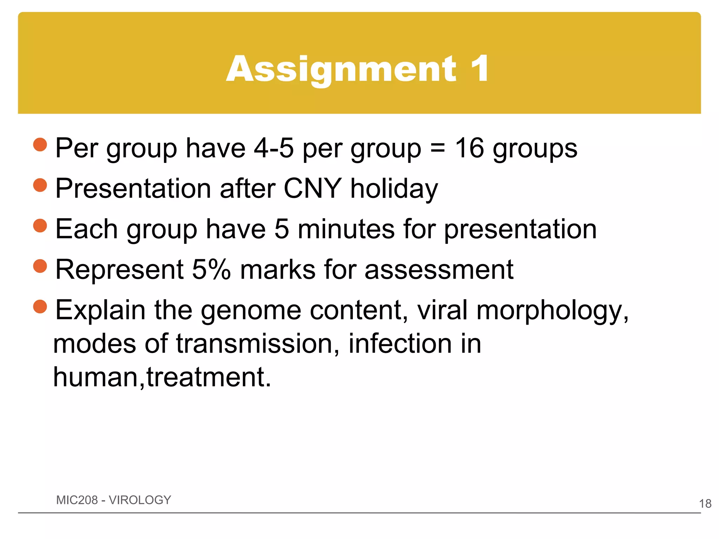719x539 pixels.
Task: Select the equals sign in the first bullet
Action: pyautogui.click(x=438, y=148)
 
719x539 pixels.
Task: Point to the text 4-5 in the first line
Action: pyautogui.click(x=273, y=148)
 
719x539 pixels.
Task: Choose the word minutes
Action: pyautogui.click(x=346, y=229)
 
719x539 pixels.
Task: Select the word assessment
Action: pyautogui.click(x=439, y=269)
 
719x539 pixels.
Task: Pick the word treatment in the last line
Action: pyautogui.click(x=209, y=377)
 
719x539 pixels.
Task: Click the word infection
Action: pyautogui.click(x=400, y=344)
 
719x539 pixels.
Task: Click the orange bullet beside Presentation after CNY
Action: pyautogui.click(x=40, y=185)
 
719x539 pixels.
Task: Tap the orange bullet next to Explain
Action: pyautogui.click(x=40, y=306)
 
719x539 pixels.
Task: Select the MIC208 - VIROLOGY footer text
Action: pyautogui.click(x=113, y=500)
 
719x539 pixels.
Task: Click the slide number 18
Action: pyautogui.click(x=705, y=504)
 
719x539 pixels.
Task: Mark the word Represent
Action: pyautogui.click(x=119, y=269)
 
